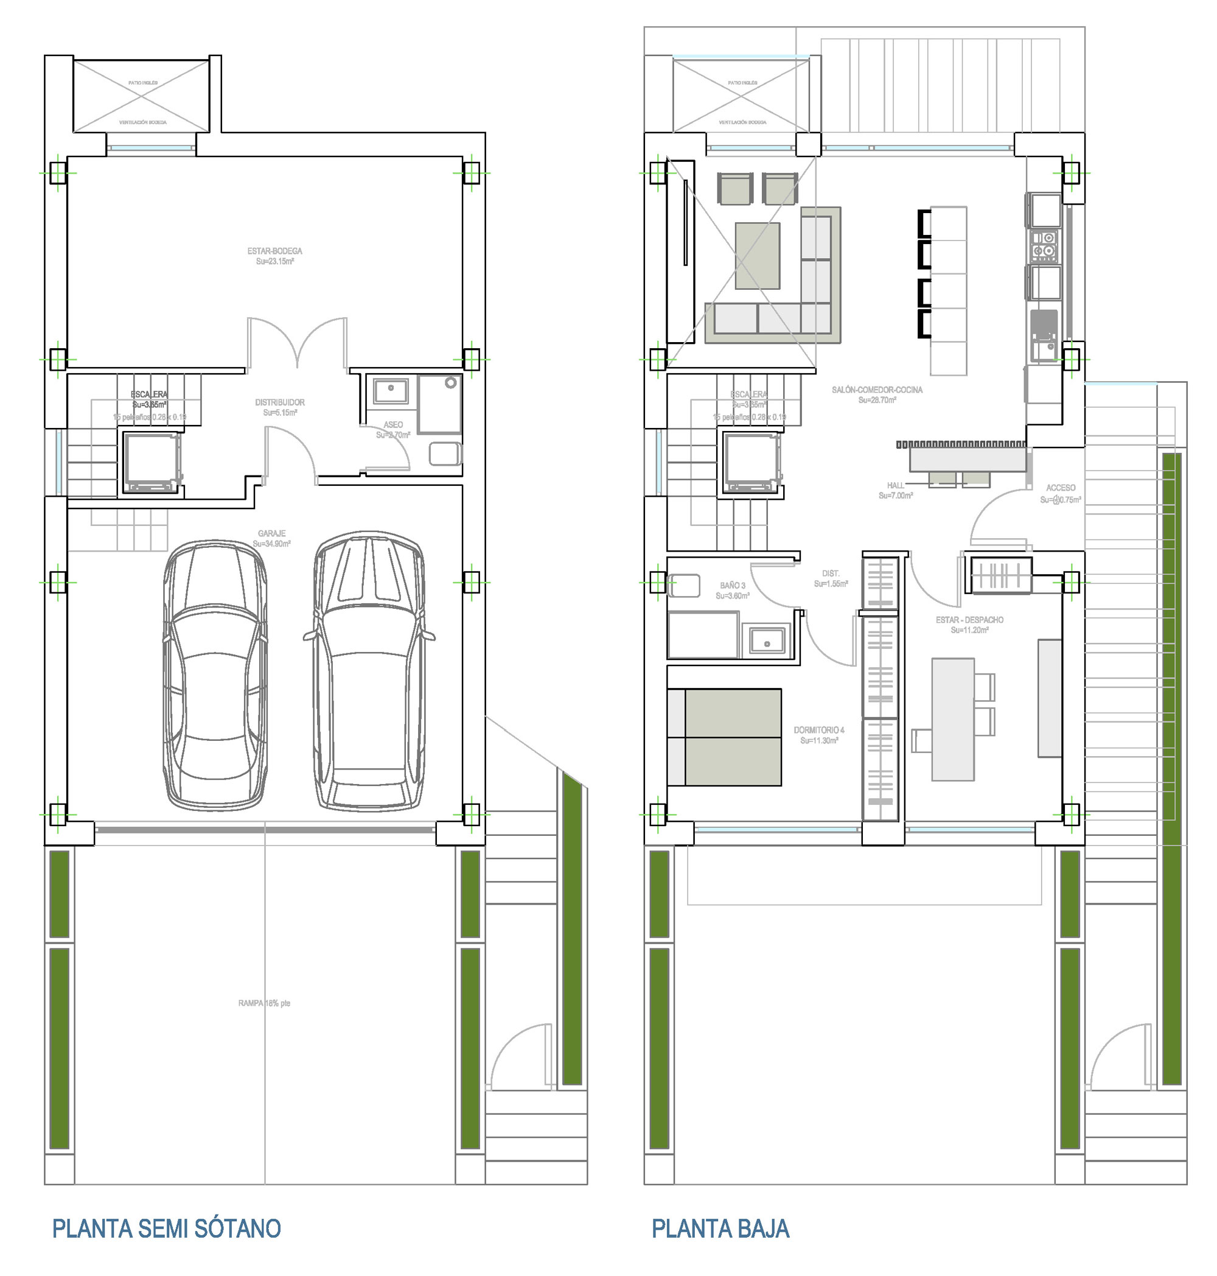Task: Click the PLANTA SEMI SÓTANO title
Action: pos(166,1229)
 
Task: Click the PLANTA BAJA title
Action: pos(720,1229)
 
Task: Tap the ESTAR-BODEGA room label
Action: pos(274,251)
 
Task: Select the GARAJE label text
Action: pos(271,533)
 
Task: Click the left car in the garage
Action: pos(215,675)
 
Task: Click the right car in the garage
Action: pos(369,671)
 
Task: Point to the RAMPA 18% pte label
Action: pos(264,1003)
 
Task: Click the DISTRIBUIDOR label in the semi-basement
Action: pos(279,402)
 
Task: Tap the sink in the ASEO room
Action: pos(391,391)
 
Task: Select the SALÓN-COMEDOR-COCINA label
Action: pos(877,390)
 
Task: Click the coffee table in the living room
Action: pos(757,255)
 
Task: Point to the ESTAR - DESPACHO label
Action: pos(969,620)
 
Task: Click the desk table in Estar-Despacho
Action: pos(952,719)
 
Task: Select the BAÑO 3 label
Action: pos(733,586)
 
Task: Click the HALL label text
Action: pos(895,485)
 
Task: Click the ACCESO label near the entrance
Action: pos(1061,488)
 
